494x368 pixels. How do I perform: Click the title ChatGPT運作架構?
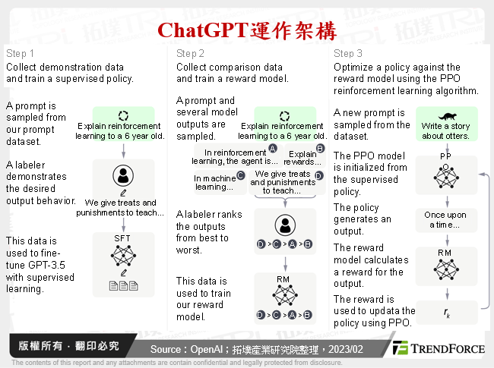246,30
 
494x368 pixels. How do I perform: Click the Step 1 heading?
20,54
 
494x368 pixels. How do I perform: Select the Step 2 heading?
190,54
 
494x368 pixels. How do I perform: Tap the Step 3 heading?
348,54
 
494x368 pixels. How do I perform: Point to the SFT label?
122,238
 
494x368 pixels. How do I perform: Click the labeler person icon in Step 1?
122,175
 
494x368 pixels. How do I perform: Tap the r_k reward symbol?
445,311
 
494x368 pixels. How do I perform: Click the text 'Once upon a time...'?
445,220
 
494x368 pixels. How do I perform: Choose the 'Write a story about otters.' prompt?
445,131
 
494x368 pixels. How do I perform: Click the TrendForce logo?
439,348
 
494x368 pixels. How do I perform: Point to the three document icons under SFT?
122,286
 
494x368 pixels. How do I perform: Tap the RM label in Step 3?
445,252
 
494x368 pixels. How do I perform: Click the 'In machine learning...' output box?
214,183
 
